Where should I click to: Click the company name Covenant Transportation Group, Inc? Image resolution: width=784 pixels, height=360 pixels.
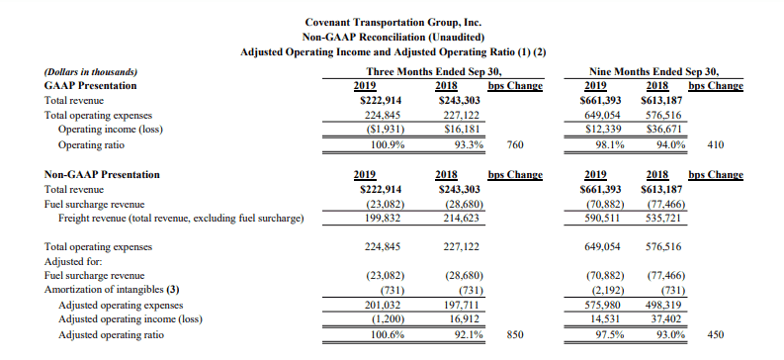pos(393,22)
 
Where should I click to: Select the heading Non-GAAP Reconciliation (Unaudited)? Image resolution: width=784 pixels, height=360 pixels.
pos(393,37)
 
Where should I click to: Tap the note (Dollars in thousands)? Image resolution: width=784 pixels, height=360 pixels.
pos(91,72)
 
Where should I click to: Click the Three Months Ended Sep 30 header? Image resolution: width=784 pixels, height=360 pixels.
pos(434,71)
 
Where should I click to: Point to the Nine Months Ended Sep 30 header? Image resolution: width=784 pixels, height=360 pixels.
pos(657,71)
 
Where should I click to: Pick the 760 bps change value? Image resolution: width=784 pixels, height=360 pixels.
pos(515,145)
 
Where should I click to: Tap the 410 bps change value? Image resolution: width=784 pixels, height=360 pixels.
pos(716,145)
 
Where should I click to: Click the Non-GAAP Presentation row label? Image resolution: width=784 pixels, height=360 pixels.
pos(102,174)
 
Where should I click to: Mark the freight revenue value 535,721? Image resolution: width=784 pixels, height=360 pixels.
pos(663,219)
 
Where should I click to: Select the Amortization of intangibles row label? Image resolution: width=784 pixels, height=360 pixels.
pos(112,290)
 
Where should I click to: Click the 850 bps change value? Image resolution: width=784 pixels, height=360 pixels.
pos(515,334)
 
